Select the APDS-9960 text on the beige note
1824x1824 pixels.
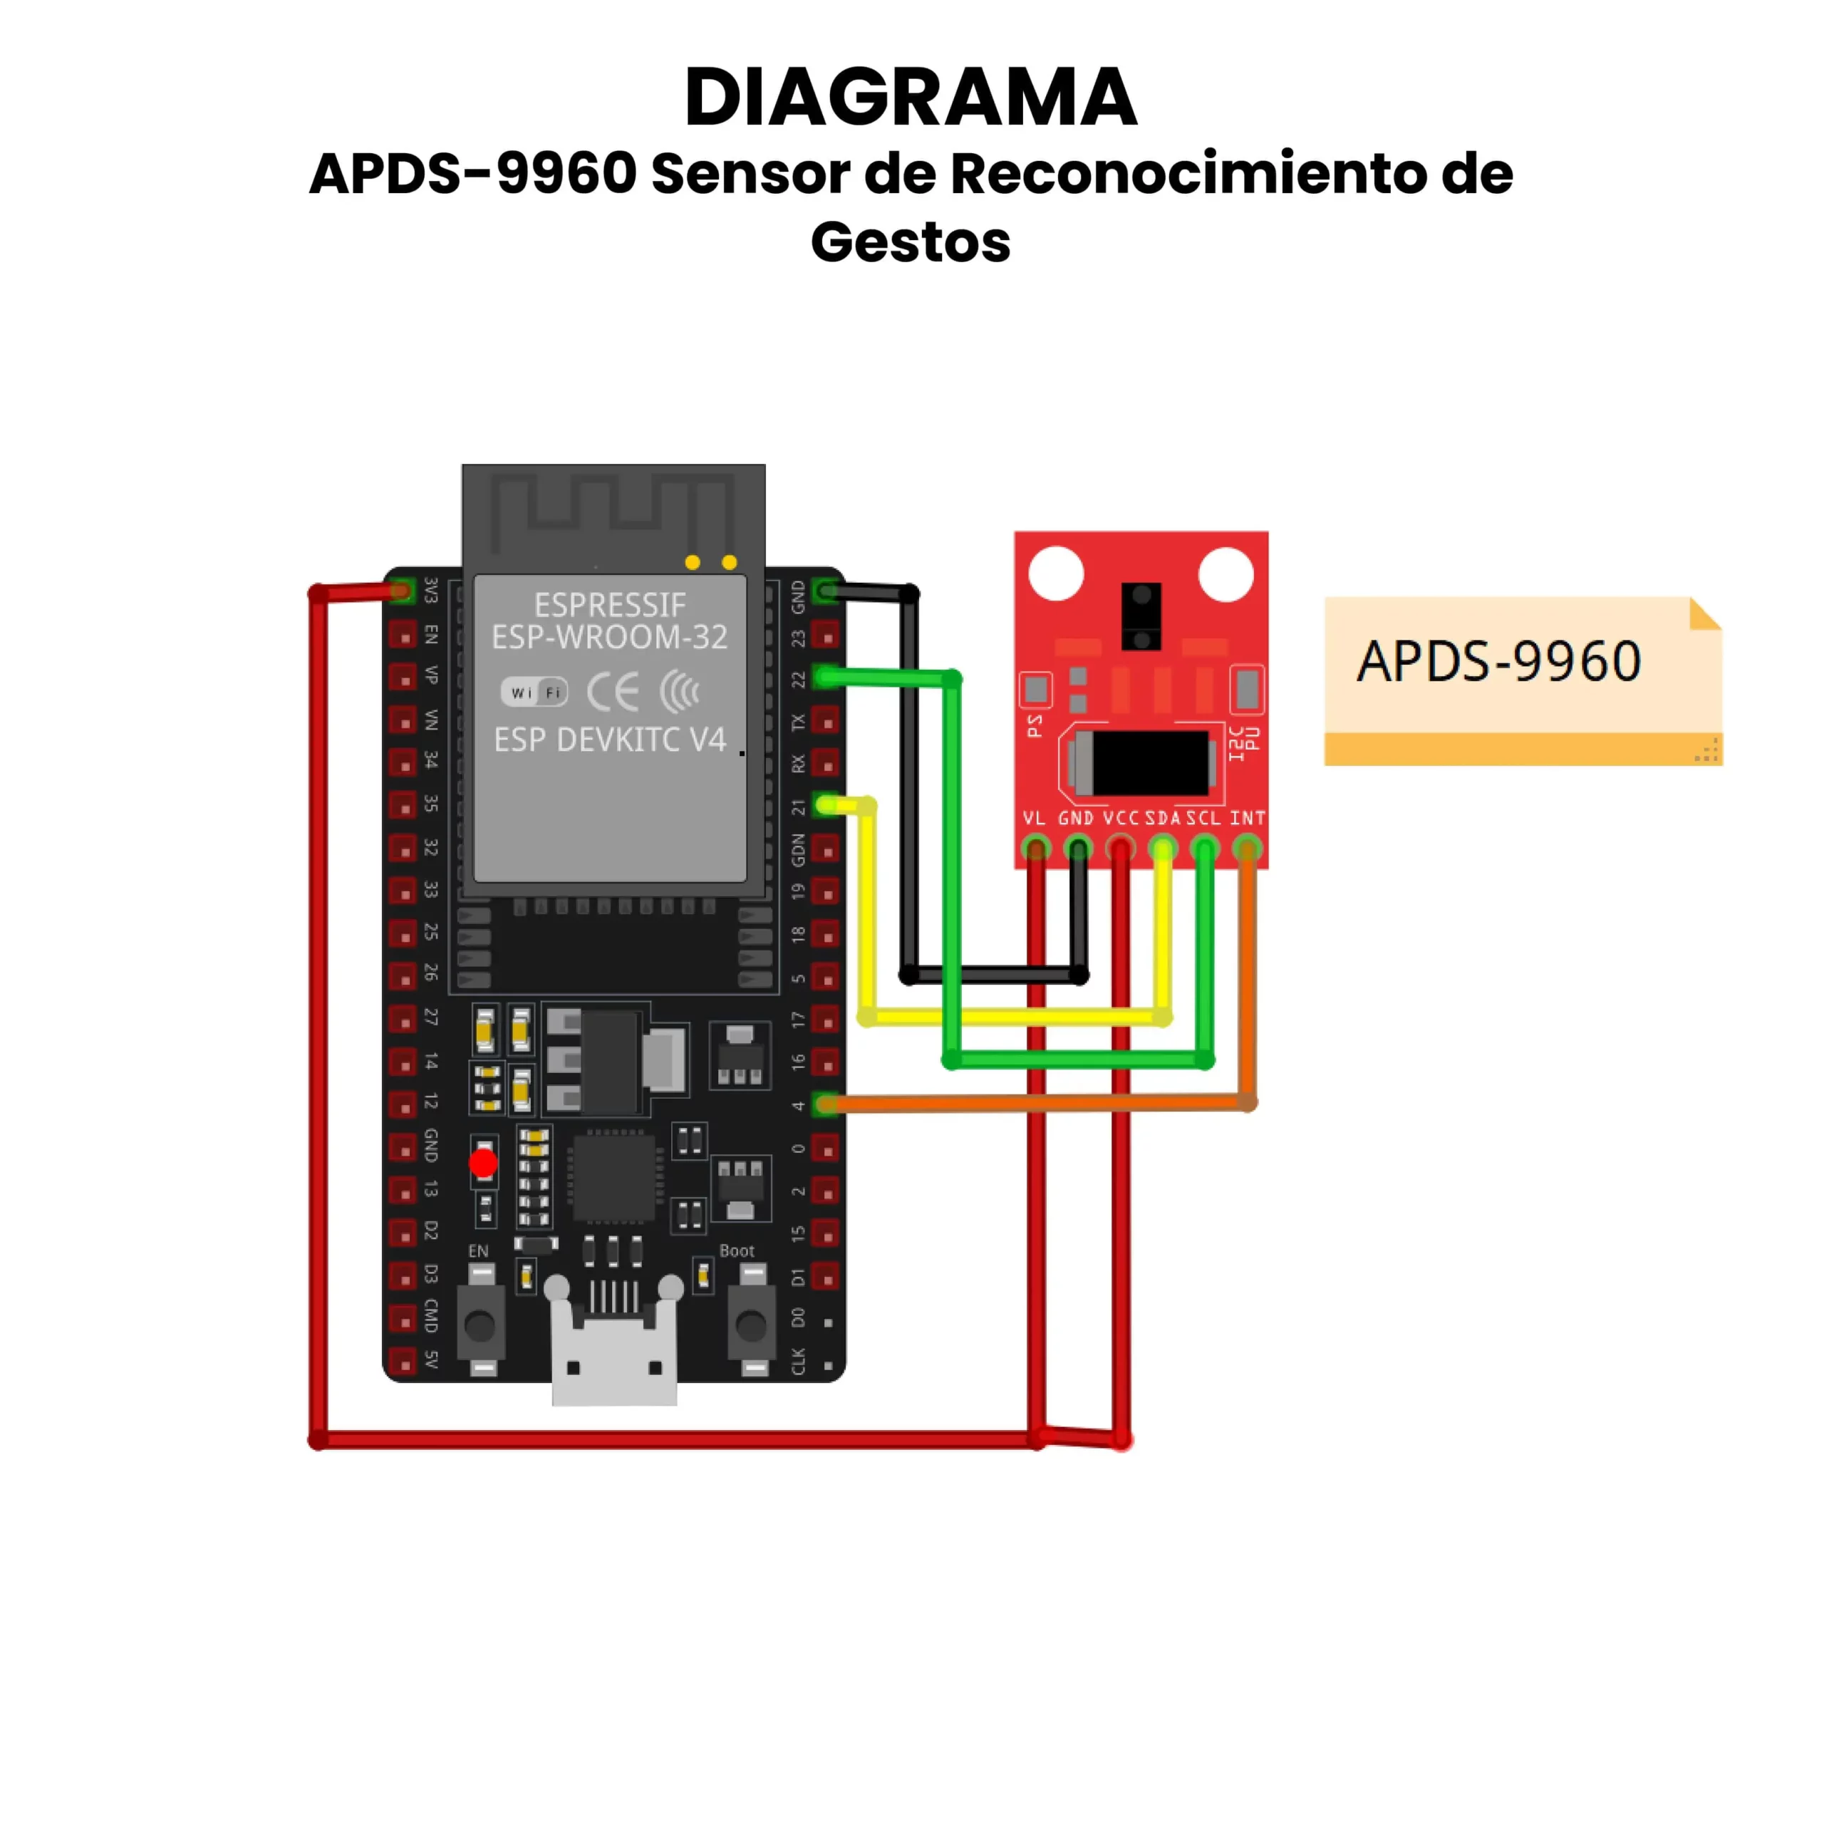coord(1498,661)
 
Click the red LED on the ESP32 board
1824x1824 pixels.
coord(483,1162)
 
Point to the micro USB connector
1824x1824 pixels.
coord(613,1351)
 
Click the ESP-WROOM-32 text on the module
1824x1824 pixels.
coord(610,637)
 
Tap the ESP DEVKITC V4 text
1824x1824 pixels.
coord(610,740)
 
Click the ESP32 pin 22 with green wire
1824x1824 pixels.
coord(826,677)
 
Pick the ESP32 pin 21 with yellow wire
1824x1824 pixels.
coord(826,805)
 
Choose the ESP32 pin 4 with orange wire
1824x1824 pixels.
coord(826,1104)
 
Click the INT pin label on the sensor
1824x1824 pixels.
coord(1247,817)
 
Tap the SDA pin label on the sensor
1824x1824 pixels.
coord(1162,817)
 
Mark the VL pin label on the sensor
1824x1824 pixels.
coord(1035,817)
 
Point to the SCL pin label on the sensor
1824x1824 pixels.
coord(1203,817)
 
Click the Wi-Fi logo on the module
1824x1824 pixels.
coord(534,692)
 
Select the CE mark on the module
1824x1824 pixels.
coord(613,692)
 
